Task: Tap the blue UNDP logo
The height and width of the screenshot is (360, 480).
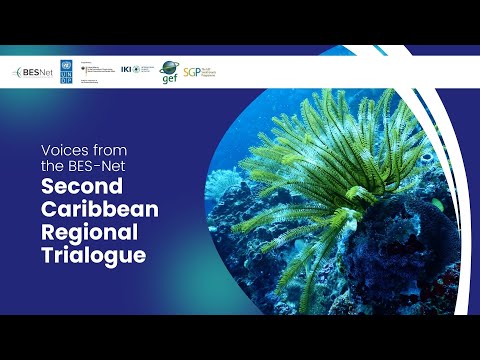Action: (67, 72)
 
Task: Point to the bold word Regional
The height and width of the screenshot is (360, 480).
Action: (83, 233)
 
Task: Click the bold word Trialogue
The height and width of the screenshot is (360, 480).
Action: (86, 255)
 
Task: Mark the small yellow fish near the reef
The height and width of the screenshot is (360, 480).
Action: (437, 205)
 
